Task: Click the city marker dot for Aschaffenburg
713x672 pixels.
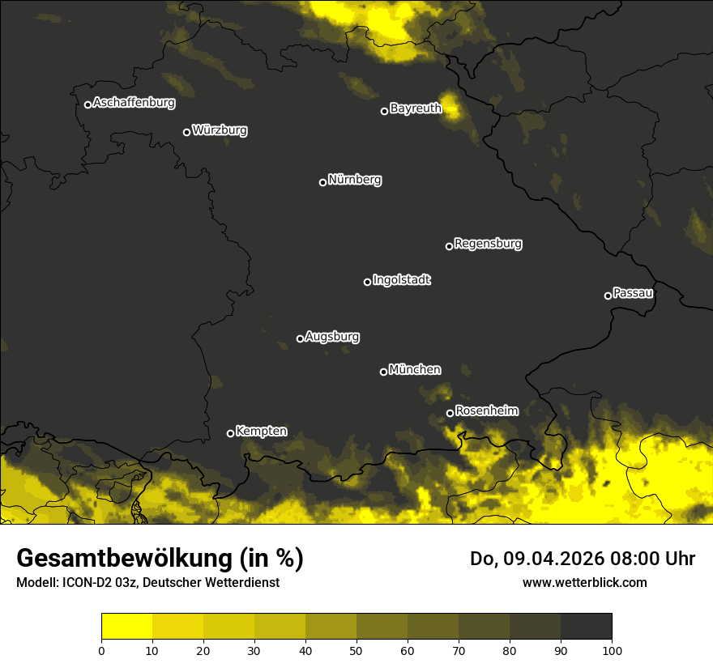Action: tap(88, 104)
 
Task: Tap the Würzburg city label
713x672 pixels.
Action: tap(220, 130)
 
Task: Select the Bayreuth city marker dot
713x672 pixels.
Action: tap(385, 111)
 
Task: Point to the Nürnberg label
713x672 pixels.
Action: tap(354, 180)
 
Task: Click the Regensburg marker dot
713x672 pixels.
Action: tap(449, 246)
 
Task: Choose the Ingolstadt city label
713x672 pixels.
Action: tap(401, 280)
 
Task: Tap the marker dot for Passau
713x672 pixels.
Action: tap(608, 296)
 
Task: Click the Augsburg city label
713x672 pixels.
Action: tap(332, 337)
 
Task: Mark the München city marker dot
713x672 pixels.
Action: tap(383, 372)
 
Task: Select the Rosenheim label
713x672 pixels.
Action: tap(486, 411)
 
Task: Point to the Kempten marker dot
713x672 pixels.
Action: tap(230, 433)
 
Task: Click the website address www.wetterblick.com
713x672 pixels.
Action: tap(585, 583)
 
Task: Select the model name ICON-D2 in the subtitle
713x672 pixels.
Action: tap(81, 583)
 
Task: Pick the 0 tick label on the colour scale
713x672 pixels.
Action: tap(101, 650)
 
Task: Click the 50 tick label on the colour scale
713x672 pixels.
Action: tap(356, 650)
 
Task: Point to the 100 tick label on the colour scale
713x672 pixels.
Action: tap(612, 650)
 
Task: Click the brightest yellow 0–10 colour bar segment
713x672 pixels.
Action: tap(126, 627)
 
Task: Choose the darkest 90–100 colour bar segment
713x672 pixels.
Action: tap(586, 627)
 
